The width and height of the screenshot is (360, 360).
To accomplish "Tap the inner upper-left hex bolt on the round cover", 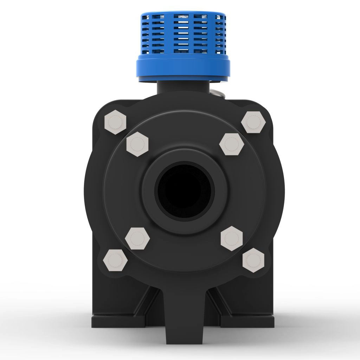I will pyautogui.click(x=137, y=144).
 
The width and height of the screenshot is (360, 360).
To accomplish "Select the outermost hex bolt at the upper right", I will pyautogui.click(x=253, y=122).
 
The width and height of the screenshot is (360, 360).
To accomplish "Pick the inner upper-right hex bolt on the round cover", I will pyautogui.click(x=231, y=144).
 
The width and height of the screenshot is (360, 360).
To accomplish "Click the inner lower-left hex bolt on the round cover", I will pyautogui.click(x=137, y=238).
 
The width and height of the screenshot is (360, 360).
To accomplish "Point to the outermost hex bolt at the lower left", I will pyautogui.click(x=115, y=260).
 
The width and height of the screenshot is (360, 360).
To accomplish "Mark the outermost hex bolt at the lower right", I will pyautogui.click(x=253, y=260).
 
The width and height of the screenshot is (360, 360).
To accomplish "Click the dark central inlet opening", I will pyautogui.click(x=185, y=190).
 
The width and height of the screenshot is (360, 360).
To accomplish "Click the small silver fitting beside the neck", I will pyautogui.click(x=218, y=94).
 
